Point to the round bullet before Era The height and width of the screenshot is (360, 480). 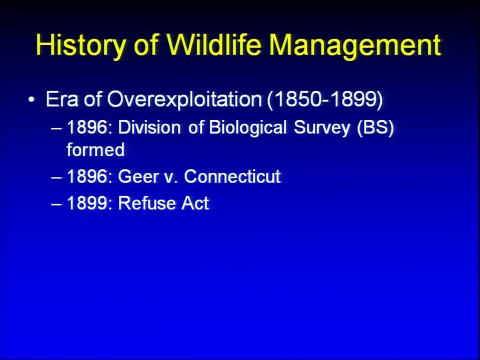(31, 99)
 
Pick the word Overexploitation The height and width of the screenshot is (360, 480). (184, 100)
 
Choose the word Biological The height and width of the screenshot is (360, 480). (247, 127)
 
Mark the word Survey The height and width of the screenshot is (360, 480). (321, 128)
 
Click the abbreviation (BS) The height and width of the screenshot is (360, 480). (375, 127)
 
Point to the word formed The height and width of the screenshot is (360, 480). (95, 149)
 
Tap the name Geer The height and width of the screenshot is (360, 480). (138, 176)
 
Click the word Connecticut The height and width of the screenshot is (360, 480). (232, 176)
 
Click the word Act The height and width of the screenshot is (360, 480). (195, 203)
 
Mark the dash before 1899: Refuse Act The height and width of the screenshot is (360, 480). (56, 203)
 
